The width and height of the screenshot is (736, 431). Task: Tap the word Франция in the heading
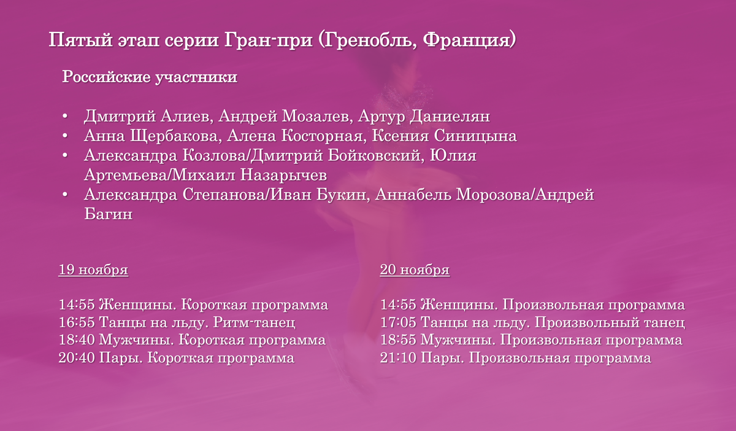tap(468, 41)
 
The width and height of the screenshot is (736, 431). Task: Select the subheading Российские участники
tap(150, 79)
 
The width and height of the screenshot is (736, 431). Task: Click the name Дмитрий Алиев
tap(147, 117)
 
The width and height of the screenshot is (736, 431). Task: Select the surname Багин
tap(108, 215)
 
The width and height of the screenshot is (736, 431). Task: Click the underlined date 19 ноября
tap(93, 270)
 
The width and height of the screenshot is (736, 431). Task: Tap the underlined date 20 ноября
tap(415, 270)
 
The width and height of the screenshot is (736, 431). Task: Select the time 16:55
tap(77, 322)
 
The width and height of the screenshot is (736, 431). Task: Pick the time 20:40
tap(77, 358)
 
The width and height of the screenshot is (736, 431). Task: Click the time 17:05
tap(398, 322)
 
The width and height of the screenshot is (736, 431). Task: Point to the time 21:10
tap(398, 358)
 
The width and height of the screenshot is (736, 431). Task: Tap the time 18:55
tap(398, 340)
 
